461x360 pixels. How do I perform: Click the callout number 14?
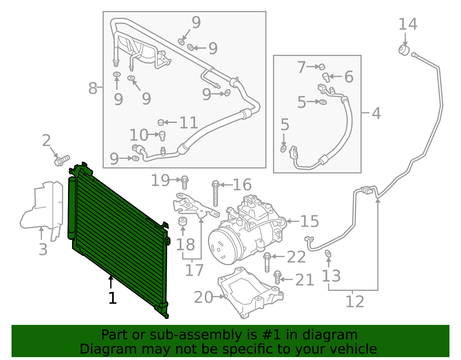tap(408, 24)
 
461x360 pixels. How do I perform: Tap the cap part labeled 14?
tap(404, 50)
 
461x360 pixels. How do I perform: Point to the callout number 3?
tap(43, 249)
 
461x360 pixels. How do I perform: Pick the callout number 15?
tap(309, 221)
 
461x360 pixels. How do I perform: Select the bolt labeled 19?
tap(185, 182)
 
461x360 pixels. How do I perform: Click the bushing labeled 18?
tap(183, 221)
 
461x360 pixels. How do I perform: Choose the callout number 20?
tap(203, 297)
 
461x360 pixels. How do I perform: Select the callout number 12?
tap(355, 302)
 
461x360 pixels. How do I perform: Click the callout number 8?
tap(92, 88)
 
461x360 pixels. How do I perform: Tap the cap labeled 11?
tap(161, 122)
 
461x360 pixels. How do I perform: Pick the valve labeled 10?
tap(162, 135)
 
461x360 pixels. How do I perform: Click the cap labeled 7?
tap(322, 67)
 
